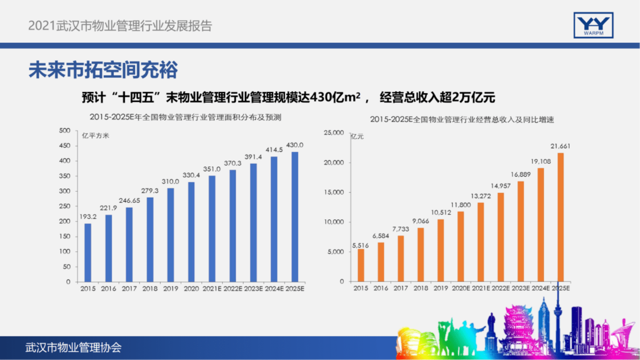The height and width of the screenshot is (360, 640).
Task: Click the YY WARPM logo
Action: tap(593, 25)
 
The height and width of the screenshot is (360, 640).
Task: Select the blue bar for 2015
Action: tap(88, 252)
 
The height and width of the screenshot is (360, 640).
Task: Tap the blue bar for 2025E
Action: tap(294, 217)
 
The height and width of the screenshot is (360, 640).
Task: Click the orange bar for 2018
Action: tap(420, 255)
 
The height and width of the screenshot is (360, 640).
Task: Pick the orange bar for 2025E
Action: tap(560, 217)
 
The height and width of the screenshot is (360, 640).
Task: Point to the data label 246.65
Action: tap(129, 201)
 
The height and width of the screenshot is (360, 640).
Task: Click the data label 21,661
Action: tap(560, 146)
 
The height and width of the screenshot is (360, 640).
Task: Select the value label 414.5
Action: tap(274, 150)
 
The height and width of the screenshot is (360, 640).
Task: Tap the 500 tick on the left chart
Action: tap(64, 130)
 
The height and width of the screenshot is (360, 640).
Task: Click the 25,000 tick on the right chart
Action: tap(334, 133)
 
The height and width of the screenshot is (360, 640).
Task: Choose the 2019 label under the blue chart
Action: tap(170, 289)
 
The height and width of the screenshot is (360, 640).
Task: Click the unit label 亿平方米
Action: tap(96, 135)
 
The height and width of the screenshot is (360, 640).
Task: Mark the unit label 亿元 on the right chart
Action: tap(357, 137)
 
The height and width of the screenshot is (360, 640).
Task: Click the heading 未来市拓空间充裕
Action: tap(103, 70)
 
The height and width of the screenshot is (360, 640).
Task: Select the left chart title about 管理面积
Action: tap(185, 117)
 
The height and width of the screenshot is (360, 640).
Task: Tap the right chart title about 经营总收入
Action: tap(462, 120)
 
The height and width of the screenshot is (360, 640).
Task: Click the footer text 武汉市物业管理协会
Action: tap(73, 348)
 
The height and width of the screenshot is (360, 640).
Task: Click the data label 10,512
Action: tap(440, 212)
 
